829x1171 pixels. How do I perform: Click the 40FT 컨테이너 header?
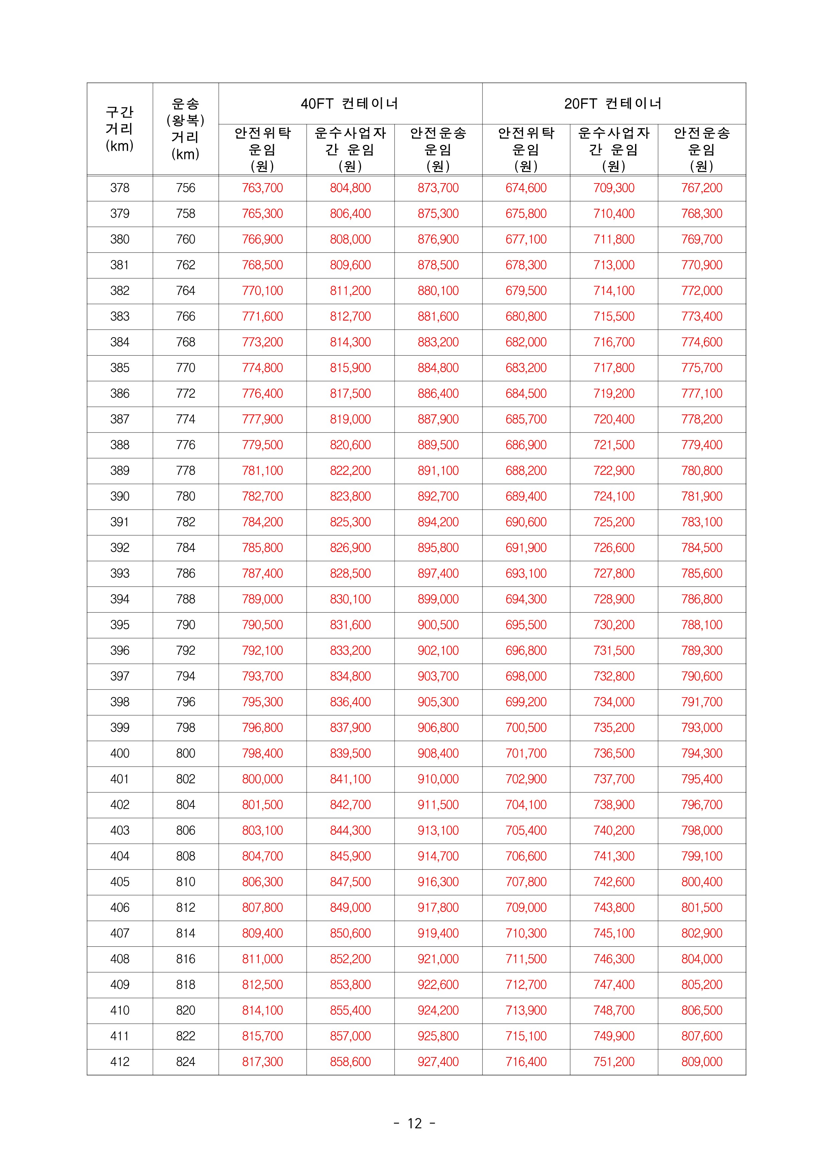click(x=350, y=104)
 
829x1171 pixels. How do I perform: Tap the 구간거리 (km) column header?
click(x=119, y=129)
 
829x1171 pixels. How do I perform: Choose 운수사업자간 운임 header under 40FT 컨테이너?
click(x=350, y=149)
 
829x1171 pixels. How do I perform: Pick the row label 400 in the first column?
click(x=119, y=753)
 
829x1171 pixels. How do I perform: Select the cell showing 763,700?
click(x=263, y=188)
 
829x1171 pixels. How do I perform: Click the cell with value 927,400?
click(x=438, y=1062)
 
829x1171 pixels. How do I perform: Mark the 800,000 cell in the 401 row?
click(x=263, y=779)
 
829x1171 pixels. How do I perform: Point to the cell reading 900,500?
click(x=438, y=625)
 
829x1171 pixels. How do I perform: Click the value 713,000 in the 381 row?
click(x=614, y=265)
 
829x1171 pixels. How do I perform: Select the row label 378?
click(x=119, y=188)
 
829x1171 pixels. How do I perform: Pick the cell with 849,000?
click(x=350, y=907)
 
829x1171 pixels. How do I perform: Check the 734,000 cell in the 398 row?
click(x=614, y=702)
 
